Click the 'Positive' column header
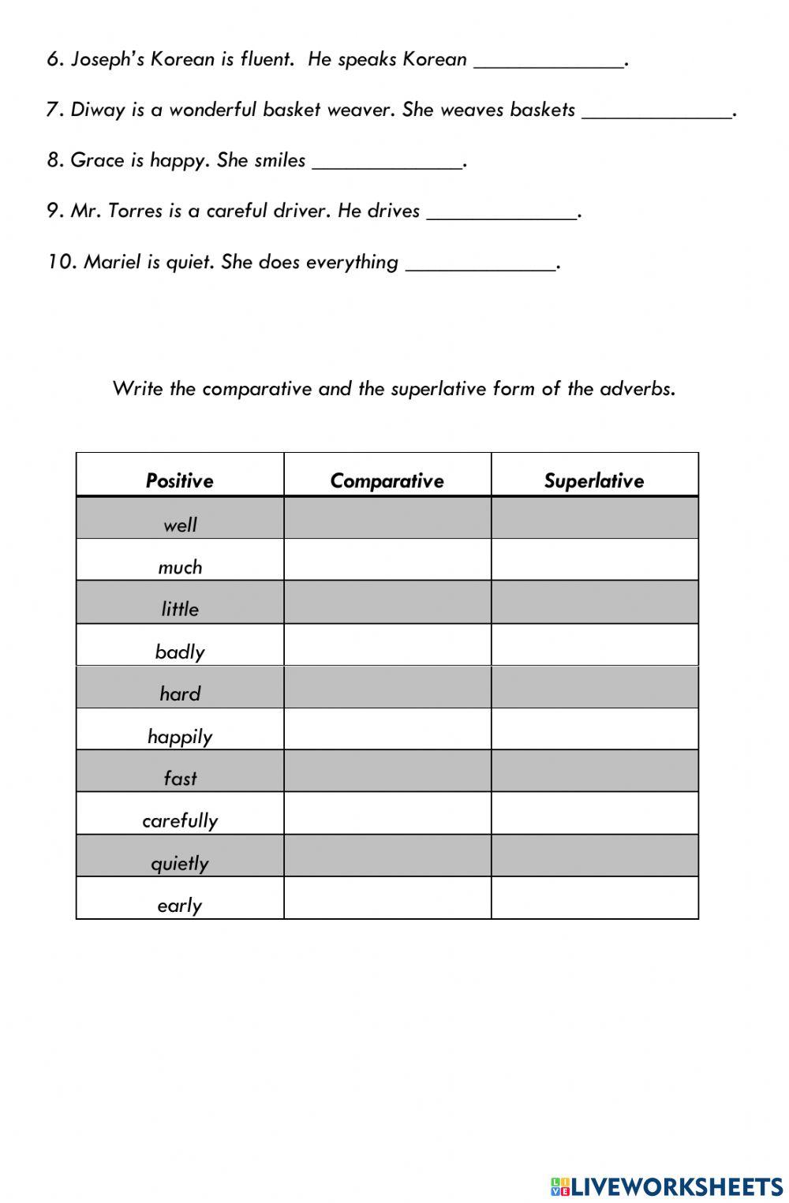[x=180, y=480]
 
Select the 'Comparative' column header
[x=387, y=480]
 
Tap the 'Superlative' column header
[x=594, y=480]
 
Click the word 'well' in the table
[x=180, y=525]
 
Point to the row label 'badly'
[x=180, y=652]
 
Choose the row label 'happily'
[x=180, y=736]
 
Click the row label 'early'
[x=180, y=905]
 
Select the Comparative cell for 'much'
[x=387, y=560]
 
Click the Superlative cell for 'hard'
[x=595, y=687]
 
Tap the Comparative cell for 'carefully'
[x=387, y=813]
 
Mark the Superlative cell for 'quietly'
[x=595, y=856]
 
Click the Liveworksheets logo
[x=667, y=1186]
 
